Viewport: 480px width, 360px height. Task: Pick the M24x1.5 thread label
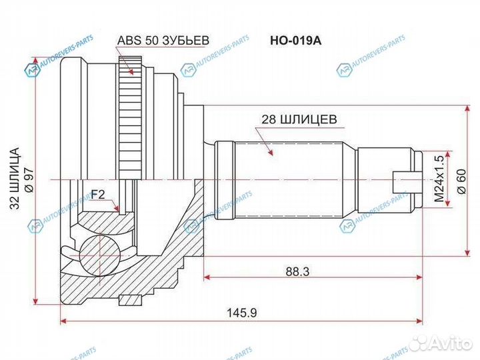[x=438, y=180]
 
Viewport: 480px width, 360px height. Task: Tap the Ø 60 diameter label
[x=460, y=180]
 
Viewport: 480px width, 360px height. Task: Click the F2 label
[x=98, y=195]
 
